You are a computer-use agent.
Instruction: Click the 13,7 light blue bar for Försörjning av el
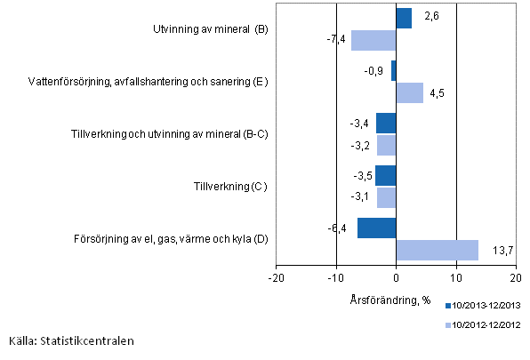(x=437, y=250)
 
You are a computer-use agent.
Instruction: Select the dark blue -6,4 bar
(x=376, y=228)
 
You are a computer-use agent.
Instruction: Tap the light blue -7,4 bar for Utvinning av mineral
(x=373, y=40)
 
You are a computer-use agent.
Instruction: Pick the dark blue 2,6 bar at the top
(x=404, y=19)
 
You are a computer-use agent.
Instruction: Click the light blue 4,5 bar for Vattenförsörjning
(x=409, y=92)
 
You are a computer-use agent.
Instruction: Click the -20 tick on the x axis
(x=276, y=276)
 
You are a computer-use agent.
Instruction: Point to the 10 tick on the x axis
(x=456, y=276)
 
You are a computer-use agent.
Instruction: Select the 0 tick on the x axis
(x=396, y=276)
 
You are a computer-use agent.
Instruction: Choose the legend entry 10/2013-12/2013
(x=484, y=305)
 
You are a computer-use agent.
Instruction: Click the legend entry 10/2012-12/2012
(x=484, y=325)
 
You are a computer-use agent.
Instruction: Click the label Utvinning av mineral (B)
(x=211, y=30)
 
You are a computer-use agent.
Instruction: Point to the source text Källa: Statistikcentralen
(x=73, y=340)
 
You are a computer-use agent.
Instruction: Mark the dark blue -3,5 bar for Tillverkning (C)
(x=385, y=176)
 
